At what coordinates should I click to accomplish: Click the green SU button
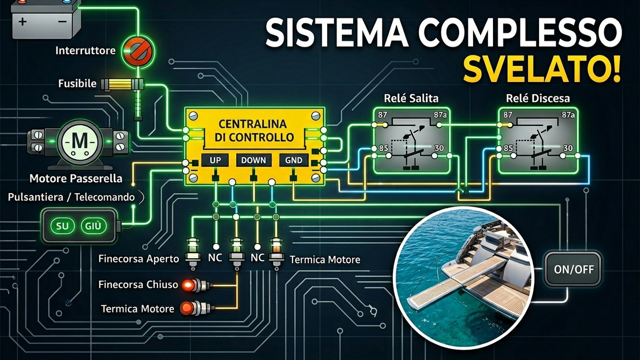(62, 226)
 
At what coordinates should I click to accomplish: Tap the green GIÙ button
(93, 226)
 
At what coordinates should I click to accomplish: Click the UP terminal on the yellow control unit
(215, 160)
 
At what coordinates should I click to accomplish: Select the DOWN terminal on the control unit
(253, 160)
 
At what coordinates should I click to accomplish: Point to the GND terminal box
(293, 160)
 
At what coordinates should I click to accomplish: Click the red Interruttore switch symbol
(138, 51)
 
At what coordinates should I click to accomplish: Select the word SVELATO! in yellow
(542, 70)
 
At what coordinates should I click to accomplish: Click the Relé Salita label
(411, 98)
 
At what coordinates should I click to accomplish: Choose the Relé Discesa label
(537, 98)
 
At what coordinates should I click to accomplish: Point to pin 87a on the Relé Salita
(439, 115)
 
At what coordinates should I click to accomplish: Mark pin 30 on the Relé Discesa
(568, 148)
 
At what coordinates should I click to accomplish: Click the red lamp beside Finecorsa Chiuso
(188, 285)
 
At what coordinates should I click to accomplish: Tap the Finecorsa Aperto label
(138, 259)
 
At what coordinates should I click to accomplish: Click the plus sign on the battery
(23, 21)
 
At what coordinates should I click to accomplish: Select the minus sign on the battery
(62, 21)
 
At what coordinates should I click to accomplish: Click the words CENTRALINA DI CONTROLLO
(254, 130)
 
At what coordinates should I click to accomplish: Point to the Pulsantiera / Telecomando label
(71, 197)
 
